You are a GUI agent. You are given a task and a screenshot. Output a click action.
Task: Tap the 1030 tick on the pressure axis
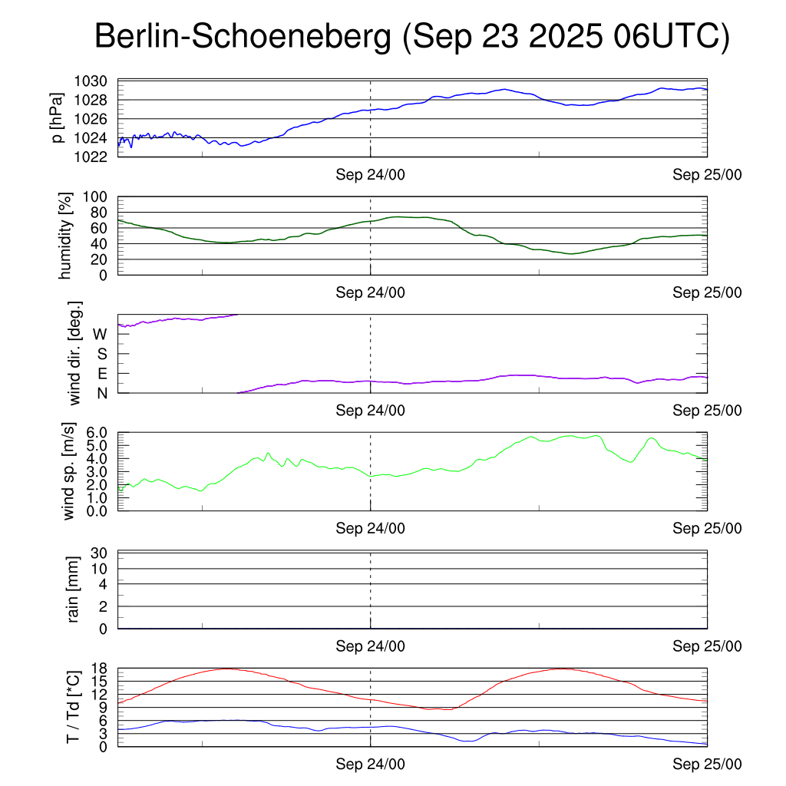(93, 81)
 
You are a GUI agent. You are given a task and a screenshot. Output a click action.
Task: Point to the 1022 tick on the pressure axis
(93, 157)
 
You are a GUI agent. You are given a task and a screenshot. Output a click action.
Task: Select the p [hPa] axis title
(58, 118)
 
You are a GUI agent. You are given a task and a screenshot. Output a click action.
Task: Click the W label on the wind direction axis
(100, 335)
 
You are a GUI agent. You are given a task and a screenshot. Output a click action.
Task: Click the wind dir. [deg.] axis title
(75, 353)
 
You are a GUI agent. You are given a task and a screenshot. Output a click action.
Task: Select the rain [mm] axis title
(74, 589)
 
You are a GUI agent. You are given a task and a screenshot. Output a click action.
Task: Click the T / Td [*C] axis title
(73, 706)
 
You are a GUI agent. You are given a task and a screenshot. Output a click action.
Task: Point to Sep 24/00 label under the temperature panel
(370, 765)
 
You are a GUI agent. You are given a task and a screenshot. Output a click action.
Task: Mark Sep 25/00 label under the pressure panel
(707, 175)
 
